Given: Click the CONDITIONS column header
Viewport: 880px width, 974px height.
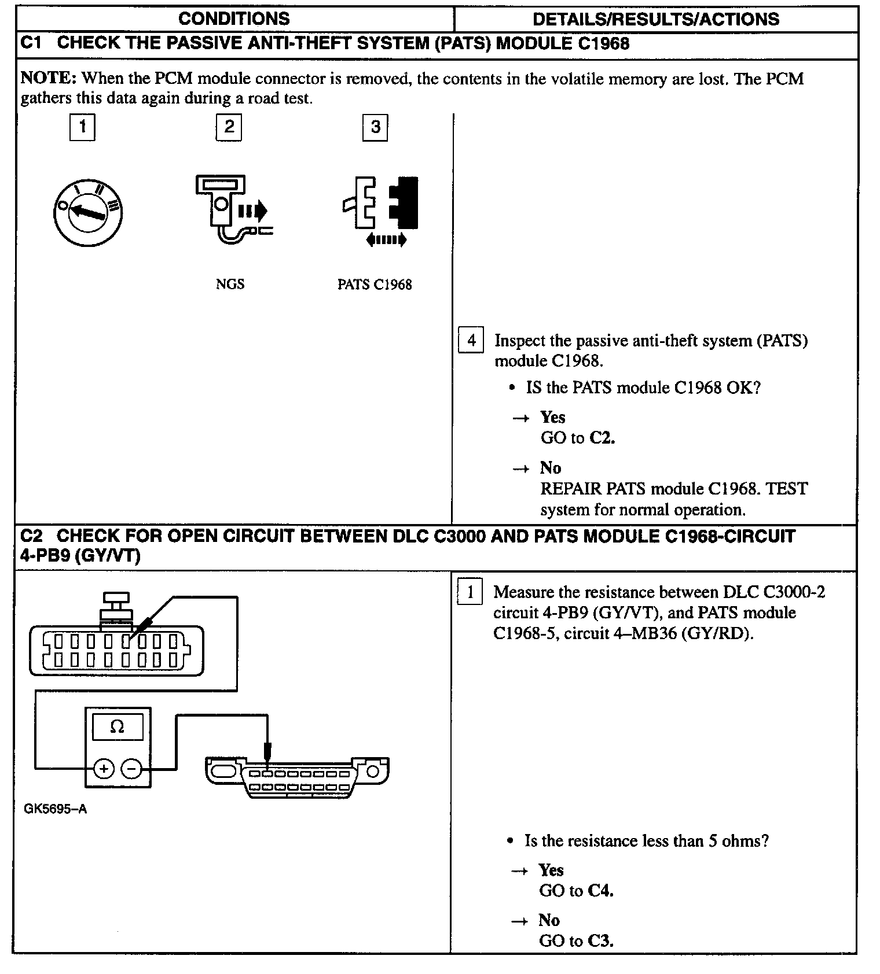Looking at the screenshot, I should (x=234, y=19).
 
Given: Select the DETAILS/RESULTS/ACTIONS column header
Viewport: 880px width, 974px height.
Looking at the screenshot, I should (x=655, y=19).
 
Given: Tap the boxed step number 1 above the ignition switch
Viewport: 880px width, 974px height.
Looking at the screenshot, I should (x=82, y=127).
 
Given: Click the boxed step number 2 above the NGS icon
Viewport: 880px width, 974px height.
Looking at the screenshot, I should (x=229, y=127).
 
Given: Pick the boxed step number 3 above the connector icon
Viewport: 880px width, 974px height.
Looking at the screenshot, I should (x=375, y=127).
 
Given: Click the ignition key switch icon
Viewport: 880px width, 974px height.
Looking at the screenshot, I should (x=87, y=212).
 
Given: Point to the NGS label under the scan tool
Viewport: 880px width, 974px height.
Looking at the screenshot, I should (x=230, y=284).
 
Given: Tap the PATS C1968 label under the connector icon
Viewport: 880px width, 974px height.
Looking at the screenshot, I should (x=375, y=285).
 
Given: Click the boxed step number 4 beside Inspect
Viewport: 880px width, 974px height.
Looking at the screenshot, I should (x=471, y=340).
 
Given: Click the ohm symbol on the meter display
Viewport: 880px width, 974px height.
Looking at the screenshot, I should (x=117, y=726).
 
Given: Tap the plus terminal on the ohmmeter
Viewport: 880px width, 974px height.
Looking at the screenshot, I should (x=104, y=769).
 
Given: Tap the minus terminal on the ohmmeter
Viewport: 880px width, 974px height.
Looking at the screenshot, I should (x=132, y=769).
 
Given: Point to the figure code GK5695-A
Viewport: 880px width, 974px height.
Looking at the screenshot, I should (x=56, y=809).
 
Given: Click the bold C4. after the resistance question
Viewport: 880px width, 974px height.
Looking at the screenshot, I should (x=600, y=891).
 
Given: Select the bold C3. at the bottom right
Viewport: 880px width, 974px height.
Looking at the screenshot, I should (x=600, y=941).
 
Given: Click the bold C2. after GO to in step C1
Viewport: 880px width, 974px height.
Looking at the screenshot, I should (x=602, y=438).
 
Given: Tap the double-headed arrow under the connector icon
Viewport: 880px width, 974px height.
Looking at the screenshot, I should (x=386, y=239).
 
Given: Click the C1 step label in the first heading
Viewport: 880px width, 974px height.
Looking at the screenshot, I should (x=31, y=44).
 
